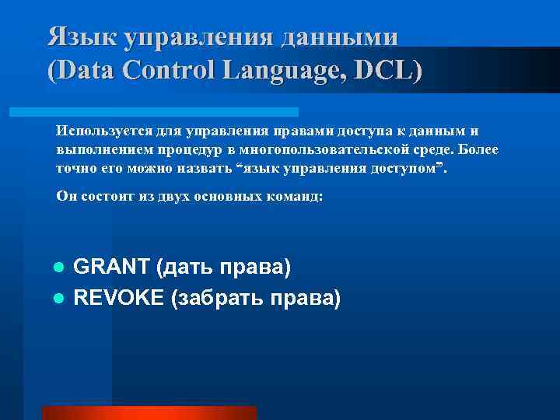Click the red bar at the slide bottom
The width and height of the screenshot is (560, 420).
[x=149, y=413]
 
